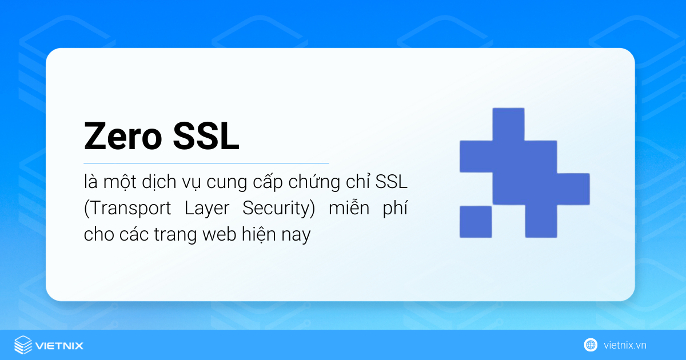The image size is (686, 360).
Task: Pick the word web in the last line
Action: tap(220, 234)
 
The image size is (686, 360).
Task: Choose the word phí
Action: tap(395, 208)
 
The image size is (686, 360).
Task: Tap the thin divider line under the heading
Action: tap(206, 163)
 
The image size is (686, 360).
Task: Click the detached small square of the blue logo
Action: tap(476, 222)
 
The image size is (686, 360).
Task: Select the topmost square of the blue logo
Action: tap(508, 124)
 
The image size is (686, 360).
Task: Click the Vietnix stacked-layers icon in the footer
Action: tap(23, 345)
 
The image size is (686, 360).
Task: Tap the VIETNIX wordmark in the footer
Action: tap(59, 345)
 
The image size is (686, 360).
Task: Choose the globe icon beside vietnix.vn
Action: tap(591, 345)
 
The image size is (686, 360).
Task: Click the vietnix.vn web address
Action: tap(625, 345)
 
